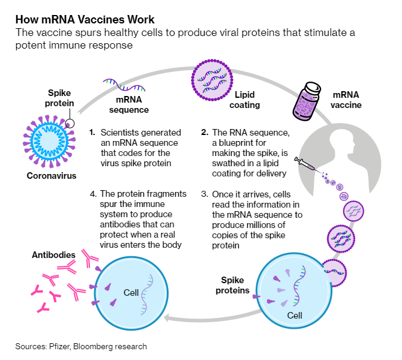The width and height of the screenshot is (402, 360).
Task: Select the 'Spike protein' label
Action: tap(61, 98)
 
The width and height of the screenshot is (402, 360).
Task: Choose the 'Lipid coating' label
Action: tap(247, 100)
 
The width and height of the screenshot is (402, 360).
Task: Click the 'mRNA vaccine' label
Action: tap(355, 100)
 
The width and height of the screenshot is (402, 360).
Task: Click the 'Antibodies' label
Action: tap(53, 256)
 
